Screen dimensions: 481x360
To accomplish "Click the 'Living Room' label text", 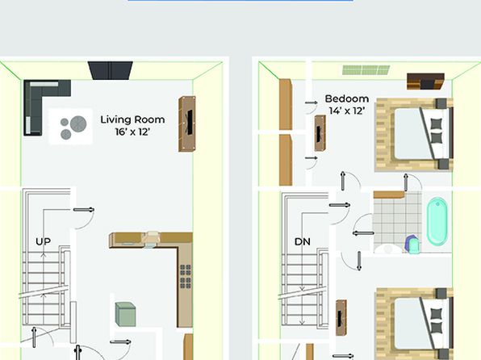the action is click(132, 119).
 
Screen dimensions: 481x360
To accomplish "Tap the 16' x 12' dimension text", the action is click(132, 132).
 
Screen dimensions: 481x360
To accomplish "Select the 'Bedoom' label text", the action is click(347, 98).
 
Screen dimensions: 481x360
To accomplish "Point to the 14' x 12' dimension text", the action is click(347, 111).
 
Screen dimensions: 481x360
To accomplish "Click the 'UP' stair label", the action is click(43, 241).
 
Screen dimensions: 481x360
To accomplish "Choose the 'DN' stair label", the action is click(302, 241).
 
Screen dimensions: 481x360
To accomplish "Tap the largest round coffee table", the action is click(78, 123).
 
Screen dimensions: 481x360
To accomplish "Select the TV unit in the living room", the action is click(187, 123).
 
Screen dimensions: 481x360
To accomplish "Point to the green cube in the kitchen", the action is click(125, 314).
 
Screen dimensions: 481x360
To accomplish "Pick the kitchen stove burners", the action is click(186, 276).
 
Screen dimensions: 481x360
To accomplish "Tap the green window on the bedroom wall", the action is click(366, 70).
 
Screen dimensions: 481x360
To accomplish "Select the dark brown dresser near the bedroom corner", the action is click(425, 82).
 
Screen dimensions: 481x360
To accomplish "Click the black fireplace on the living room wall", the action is click(111, 70).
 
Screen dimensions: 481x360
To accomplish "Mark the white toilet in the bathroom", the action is click(387, 249).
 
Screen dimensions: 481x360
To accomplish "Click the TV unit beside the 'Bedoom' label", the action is click(320, 133).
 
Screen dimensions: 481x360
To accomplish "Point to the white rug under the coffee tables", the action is click(70, 126).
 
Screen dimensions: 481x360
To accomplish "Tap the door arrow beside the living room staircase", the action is click(84, 210).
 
